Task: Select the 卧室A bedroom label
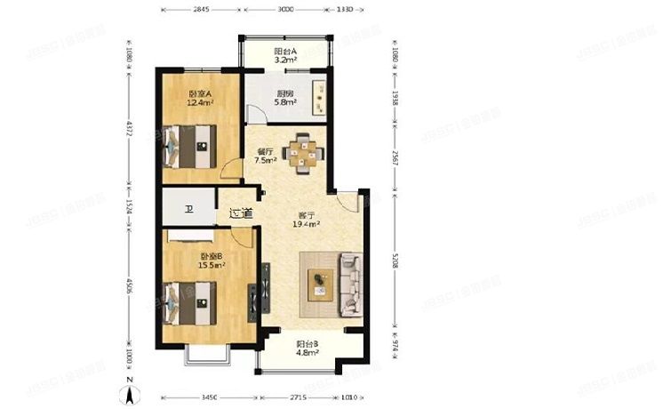click(x=199, y=98)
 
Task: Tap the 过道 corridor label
click(x=240, y=213)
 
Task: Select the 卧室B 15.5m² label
click(x=212, y=260)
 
